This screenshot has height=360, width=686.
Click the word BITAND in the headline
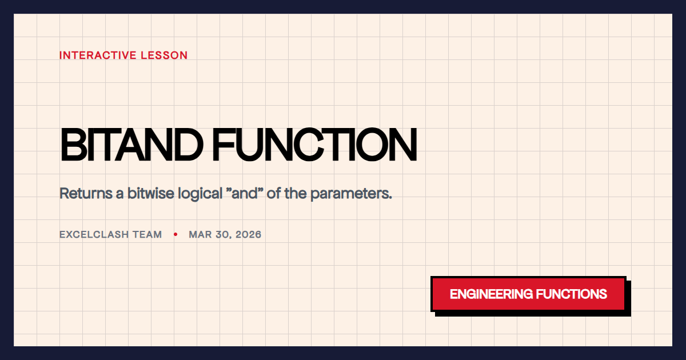[131, 145]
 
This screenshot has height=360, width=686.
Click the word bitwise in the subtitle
[147, 193]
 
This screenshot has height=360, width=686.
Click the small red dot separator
[176, 234]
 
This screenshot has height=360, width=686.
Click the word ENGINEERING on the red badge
[490, 294]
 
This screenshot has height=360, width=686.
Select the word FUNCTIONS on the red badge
[571, 294]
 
